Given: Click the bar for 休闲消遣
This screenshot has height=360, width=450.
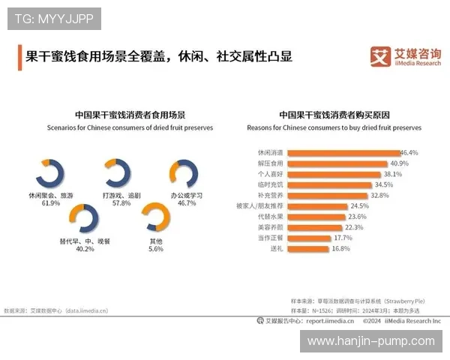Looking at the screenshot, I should [342, 152].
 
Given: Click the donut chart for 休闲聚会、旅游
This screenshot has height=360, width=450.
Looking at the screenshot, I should [51, 172].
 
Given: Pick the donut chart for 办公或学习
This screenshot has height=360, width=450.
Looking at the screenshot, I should [182, 172].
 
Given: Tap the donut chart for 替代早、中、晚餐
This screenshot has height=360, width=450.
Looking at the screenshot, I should [84, 218].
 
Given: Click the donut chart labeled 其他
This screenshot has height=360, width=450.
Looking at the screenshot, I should [156, 218].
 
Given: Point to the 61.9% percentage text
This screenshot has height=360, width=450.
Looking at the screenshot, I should [51, 203].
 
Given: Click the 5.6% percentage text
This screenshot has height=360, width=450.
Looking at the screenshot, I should [156, 249].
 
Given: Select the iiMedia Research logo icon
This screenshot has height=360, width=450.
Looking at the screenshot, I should [379, 56].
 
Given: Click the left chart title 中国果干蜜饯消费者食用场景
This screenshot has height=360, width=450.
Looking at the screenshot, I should [130, 115].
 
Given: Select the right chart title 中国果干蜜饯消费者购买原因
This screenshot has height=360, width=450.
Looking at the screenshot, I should [334, 115].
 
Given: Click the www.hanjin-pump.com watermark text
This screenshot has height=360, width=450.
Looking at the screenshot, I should [370, 341].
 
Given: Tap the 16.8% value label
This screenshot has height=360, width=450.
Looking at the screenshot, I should [340, 248].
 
